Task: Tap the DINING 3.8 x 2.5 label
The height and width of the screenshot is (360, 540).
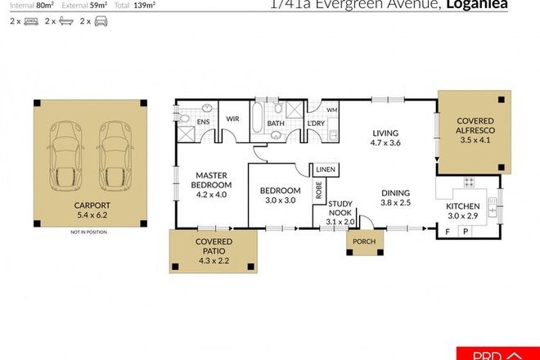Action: pyautogui.click(x=395, y=199)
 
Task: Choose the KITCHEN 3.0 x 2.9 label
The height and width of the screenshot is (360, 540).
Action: pyautogui.click(x=461, y=211)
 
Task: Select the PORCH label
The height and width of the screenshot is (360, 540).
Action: pyautogui.click(x=363, y=243)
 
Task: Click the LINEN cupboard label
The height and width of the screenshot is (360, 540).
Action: pyautogui.click(x=325, y=169)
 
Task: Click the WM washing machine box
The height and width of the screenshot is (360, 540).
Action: pyautogui.click(x=331, y=110)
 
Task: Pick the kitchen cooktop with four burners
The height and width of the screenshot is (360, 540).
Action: pyautogui.click(x=470, y=183)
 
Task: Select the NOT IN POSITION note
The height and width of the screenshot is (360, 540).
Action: pyautogui.click(x=88, y=232)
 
